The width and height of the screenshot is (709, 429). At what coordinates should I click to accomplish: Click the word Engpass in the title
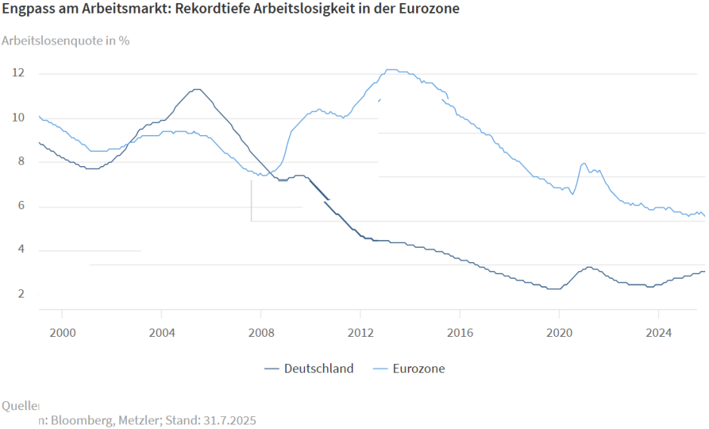pyautogui.click(x=30, y=10)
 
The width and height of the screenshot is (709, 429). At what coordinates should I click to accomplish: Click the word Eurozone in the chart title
pyautogui.click(x=428, y=10)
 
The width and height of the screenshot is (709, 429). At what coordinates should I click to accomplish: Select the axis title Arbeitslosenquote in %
pyautogui.click(x=66, y=40)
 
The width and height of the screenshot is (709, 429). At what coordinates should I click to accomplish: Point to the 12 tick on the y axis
pyautogui.click(x=18, y=73)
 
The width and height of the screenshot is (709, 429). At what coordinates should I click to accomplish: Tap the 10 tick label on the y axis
pyautogui.click(x=18, y=118)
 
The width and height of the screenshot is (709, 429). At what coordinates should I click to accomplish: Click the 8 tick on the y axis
pyautogui.click(x=20, y=162)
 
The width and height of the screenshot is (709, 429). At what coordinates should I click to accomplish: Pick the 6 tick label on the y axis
pyautogui.click(x=20, y=206)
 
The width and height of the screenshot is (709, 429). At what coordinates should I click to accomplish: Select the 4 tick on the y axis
pyautogui.click(x=20, y=250)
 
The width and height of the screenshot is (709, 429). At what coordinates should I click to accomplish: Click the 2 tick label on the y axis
pyautogui.click(x=20, y=295)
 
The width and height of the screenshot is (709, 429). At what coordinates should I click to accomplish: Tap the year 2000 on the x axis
pyautogui.click(x=62, y=332)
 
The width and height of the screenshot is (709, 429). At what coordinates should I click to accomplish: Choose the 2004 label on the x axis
pyautogui.click(x=162, y=332)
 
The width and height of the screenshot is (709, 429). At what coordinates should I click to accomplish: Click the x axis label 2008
pyautogui.click(x=260, y=332)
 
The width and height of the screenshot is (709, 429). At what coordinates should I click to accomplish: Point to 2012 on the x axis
pyautogui.click(x=360, y=332)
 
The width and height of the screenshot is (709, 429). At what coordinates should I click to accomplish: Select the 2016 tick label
pyautogui.click(x=460, y=332)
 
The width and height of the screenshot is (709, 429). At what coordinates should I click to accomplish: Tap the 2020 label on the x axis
pyautogui.click(x=559, y=332)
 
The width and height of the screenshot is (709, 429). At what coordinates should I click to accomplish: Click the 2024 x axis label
pyautogui.click(x=658, y=332)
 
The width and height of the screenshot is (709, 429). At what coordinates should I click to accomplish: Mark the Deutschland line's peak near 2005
pyautogui.click(x=196, y=89)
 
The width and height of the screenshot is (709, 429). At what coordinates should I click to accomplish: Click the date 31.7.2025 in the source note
pyautogui.click(x=230, y=420)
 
